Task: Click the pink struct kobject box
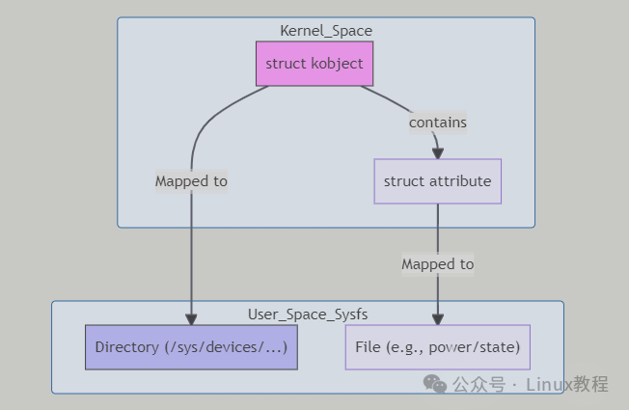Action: point(314,64)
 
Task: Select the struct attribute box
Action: point(437,181)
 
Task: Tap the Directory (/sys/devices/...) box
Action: point(191,347)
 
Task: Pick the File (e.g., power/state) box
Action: point(437,347)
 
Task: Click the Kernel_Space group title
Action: point(326,31)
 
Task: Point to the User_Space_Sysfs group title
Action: point(308,314)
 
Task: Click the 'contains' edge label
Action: point(437,123)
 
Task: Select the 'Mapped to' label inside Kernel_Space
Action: point(191,180)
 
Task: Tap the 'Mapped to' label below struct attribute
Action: point(437,264)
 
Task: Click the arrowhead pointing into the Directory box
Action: point(191,319)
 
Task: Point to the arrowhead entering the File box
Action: point(437,319)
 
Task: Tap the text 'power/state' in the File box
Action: point(479,347)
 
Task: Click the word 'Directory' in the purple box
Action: point(128,347)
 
